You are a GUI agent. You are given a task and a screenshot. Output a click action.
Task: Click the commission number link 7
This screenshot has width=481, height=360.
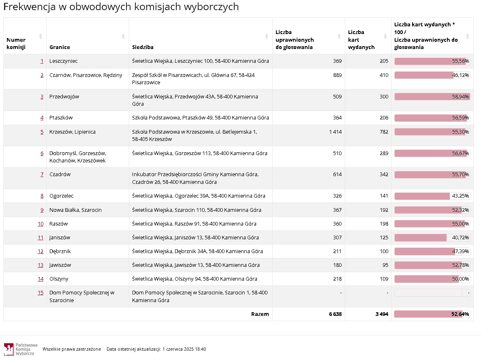(x=42, y=175)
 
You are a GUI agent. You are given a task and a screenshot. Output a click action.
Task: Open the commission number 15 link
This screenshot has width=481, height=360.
(x=41, y=293)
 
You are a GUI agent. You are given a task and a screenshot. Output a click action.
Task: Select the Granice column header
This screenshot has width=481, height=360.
(x=60, y=47)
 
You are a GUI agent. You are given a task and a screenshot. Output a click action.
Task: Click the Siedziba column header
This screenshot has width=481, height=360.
(x=143, y=47)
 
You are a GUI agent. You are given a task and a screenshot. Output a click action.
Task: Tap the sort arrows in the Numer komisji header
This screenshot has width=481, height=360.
(x=40, y=36)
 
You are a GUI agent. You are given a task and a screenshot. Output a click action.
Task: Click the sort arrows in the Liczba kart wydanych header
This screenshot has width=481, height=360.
(x=385, y=36)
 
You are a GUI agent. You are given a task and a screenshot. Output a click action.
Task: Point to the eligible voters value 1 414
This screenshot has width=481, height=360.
(x=335, y=132)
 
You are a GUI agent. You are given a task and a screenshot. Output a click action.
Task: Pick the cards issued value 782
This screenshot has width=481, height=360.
(x=384, y=132)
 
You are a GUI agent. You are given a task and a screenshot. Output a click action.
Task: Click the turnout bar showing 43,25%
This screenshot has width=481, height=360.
(x=422, y=196)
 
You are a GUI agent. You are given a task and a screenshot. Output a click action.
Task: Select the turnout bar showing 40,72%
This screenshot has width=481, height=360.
(x=421, y=238)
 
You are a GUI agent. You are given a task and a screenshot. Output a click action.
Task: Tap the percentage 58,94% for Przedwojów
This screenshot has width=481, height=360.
(x=460, y=97)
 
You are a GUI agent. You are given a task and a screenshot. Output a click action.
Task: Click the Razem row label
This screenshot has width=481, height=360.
(x=260, y=314)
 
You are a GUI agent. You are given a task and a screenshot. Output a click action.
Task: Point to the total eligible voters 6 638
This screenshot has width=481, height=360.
(x=335, y=314)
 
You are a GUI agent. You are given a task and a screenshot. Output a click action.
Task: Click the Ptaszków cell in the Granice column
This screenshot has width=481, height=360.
(x=61, y=118)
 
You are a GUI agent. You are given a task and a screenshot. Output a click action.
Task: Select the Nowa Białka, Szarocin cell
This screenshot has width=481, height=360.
(x=75, y=210)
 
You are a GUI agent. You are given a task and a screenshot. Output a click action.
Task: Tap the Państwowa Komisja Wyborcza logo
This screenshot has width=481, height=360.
(x=9, y=349)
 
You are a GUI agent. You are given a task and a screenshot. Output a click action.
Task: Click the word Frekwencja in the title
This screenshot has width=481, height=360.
(x=30, y=7)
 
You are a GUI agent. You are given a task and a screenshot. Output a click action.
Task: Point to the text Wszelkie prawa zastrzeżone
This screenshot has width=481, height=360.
(x=72, y=349)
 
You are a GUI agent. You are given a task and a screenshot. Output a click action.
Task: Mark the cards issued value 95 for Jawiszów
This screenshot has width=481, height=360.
(x=385, y=265)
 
